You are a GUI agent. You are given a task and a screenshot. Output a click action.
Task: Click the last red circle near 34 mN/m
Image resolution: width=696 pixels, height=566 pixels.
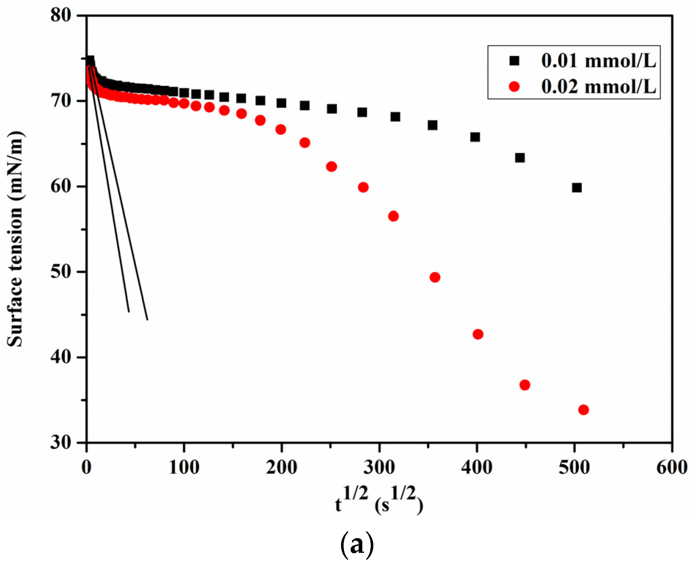pyautogui.click(x=583, y=410)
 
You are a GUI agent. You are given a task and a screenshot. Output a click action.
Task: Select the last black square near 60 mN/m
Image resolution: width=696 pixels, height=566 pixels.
pyautogui.click(x=576, y=188)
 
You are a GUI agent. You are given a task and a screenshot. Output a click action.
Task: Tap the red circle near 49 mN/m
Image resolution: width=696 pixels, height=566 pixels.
pyautogui.click(x=435, y=277)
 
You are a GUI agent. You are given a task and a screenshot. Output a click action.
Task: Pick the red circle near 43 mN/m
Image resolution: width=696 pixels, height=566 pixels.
pyautogui.click(x=478, y=334)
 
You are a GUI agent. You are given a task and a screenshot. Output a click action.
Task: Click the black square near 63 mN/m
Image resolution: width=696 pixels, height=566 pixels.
pyautogui.click(x=520, y=158)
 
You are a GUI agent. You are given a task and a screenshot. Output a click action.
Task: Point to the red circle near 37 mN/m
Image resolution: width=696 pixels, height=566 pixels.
pyautogui.click(x=524, y=385)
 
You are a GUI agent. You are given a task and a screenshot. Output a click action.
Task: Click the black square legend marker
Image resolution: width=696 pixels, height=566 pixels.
pyautogui.click(x=514, y=61)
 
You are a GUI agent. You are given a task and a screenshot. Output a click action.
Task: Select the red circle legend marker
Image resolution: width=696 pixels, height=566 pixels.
pyautogui.click(x=514, y=86)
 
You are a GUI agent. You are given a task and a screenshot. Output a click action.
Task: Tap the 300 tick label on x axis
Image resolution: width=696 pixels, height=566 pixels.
pyautogui.click(x=379, y=468)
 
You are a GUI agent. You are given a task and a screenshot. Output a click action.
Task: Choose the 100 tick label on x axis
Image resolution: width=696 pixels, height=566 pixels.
pyautogui.click(x=184, y=468)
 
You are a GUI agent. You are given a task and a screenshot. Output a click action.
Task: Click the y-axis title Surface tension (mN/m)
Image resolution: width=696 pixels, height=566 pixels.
pyautogui.click(x=15, y=238)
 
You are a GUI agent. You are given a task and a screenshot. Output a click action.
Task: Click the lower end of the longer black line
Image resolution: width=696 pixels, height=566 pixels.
pyautogui.click(x=147, y=319)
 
